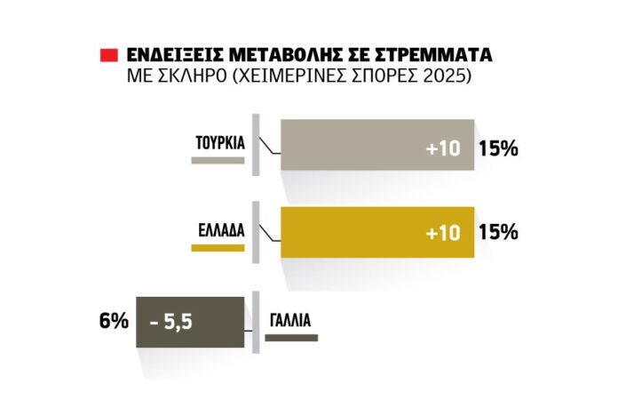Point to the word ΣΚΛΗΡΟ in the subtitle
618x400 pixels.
pyautogui.click(x=191, y=78)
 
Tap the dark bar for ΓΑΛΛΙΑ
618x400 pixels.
pyautogui.click(x=188, y=320)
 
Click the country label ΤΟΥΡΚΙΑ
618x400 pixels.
pyautogui.click(x=220, y=141)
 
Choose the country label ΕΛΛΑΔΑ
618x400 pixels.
pyautogui.click(x=220, y=227)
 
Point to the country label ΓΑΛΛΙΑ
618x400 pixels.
pyautogui.click(x=289, y=319)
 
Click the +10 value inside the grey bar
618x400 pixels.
pyautogui.click(x=443, y=149)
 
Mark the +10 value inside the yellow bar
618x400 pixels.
pyautogui.click(x=443, y=234)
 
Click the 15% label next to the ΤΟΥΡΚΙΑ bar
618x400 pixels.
pyautogui.click(x=498, y=148)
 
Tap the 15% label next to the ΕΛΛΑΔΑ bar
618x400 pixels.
pyautogui.click(x=498, y=233)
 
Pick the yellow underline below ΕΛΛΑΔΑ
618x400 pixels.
pyautogui.click(x=217, y=248)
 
